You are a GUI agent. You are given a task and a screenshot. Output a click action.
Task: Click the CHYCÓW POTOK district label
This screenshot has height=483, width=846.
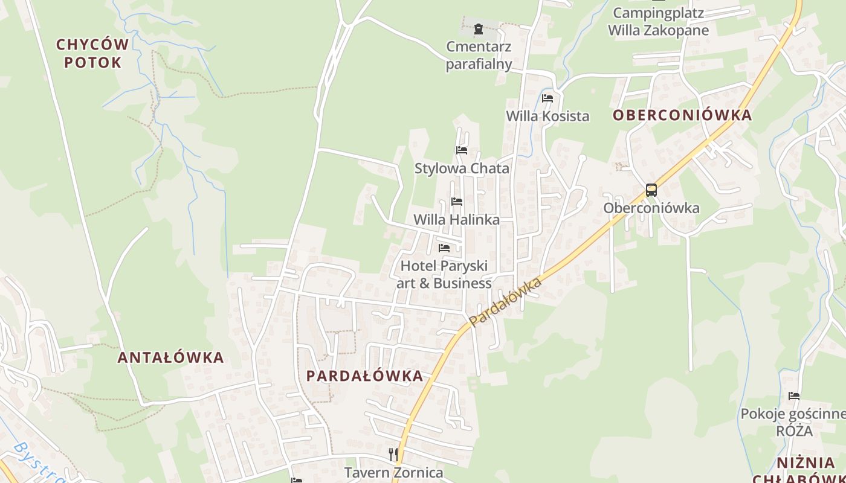[92, 53]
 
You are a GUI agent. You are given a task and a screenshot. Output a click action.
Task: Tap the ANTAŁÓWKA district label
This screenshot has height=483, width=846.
[170, 357]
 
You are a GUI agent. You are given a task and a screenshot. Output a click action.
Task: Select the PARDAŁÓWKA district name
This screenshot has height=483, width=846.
[364, 376]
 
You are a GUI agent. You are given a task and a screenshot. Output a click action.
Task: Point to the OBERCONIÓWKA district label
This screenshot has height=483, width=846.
[682, 115]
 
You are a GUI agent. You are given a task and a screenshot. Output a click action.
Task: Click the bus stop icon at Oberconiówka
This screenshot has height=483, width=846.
[651, 190]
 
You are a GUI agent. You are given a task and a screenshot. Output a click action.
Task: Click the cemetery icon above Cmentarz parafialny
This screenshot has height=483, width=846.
[479, 28]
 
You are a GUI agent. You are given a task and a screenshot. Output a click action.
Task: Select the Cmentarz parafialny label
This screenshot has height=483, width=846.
[479, 55]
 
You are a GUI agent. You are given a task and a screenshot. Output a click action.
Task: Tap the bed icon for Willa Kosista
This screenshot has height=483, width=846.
[547, 98]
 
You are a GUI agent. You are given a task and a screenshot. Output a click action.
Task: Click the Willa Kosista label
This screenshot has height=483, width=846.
[547, 116]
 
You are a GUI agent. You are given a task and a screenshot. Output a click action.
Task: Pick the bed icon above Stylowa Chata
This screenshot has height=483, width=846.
[462, 150]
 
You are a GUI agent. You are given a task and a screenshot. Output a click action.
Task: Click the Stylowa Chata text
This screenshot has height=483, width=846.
[462, 168]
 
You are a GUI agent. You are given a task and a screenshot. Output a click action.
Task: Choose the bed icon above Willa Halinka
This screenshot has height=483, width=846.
[457, 202]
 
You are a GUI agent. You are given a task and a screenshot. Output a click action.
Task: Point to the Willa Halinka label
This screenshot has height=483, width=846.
[457, 220]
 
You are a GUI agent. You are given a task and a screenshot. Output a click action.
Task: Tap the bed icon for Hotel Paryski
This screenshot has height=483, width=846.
[444, 248]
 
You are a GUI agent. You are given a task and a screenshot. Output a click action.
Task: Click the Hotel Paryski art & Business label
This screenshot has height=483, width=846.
[444, 274]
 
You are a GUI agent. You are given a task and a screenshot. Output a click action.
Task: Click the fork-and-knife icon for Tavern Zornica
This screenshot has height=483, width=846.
[393, 453]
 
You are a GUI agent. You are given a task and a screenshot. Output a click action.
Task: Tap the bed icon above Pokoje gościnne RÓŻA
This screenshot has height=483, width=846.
[794, 396]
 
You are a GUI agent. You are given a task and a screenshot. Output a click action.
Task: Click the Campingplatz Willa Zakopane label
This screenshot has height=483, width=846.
[658, 21]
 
